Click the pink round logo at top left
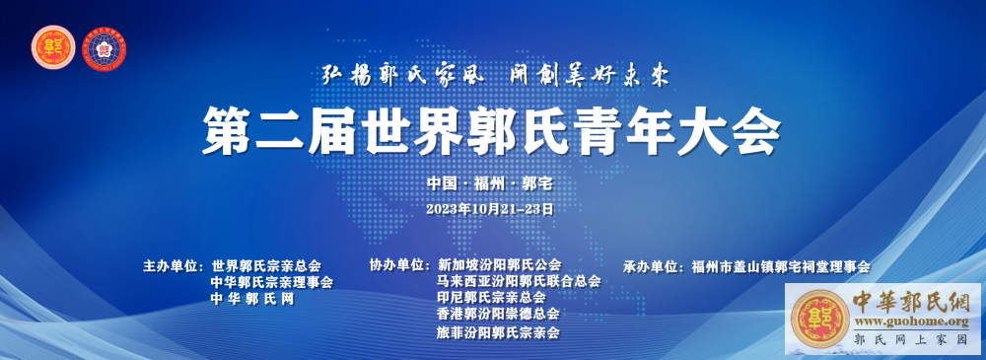pos(53,47)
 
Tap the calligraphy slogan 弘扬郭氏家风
pos(402,76)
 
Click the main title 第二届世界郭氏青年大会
pos(491,131)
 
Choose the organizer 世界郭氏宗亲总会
pos(266,265)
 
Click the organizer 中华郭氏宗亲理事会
pos(272,282)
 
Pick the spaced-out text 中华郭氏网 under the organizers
pos(252,300)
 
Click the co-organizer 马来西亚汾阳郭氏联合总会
pos(519,281)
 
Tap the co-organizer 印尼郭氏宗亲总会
pos(491,297)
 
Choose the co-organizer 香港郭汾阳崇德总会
pos(498,313)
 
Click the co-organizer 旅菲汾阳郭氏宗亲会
pos(498,332)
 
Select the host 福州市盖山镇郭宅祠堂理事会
pos(780,266)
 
